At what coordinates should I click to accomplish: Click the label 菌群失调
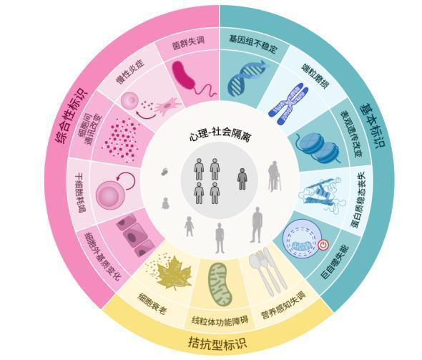[188, 44]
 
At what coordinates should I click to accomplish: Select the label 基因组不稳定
[253, 44]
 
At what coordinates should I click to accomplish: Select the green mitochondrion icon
[220, 285]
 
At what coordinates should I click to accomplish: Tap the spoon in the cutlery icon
[259, 272]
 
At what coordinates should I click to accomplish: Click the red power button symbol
[323, 245]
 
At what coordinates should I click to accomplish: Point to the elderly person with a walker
[275, 176]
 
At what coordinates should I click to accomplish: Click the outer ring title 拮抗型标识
[217, 344]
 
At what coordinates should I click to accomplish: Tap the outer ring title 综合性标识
[72, 115]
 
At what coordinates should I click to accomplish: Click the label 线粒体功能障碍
[220, 321]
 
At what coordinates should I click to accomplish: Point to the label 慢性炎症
[129, 72]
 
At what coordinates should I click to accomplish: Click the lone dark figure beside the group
[242, 179]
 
